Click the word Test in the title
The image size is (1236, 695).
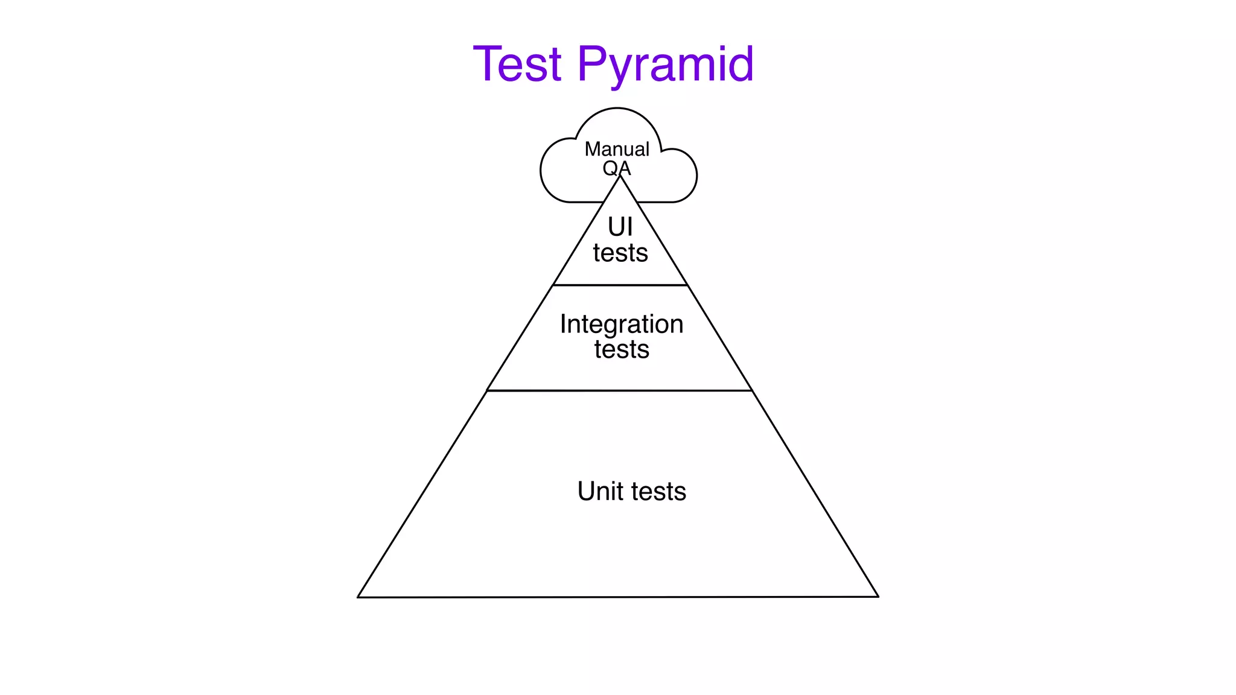[x=517, y=64]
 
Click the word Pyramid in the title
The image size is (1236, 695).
[x=665, y=65]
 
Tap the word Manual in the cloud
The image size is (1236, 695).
[x=617, y=149]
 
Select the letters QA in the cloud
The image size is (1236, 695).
[x=616, y=168]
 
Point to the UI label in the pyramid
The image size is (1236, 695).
[x=620, y=227]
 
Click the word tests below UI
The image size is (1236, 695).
[x=620, y=253]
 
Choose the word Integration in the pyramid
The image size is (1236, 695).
[x=622, y=325]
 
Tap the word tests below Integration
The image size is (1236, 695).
[x=622, y=350]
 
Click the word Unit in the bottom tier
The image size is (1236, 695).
[x=600, y=491]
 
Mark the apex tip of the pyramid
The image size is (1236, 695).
[x=620, y=176]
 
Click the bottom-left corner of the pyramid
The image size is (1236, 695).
[x=358, y=597]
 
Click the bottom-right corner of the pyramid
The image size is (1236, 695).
[x=878, y=597]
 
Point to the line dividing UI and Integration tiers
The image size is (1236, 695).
[x=620, y=285]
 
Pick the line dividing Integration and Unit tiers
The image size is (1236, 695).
[x=620, y=390]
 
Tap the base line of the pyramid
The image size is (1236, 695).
[x=618, y=597]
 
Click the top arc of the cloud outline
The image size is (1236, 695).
[x=617, y=109]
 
